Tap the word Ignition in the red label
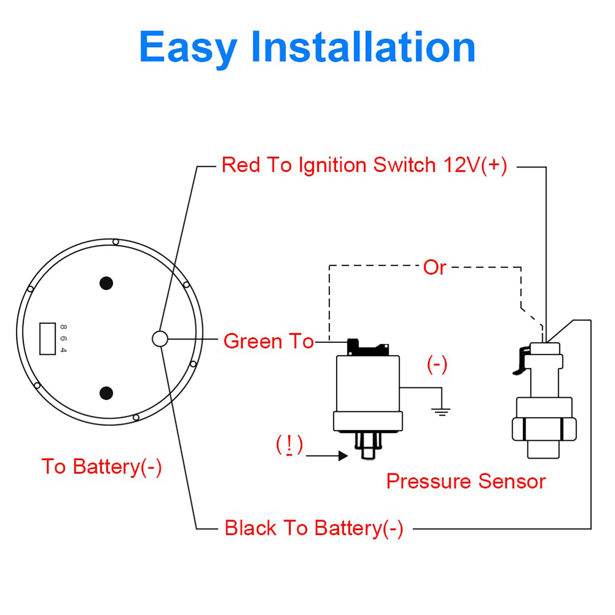pos(332,165)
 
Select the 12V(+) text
pos(475,165)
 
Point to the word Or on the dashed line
pos(435,267)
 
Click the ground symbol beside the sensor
pos(441,411)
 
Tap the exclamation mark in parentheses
pos(289,445)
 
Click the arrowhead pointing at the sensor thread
pos(343,456)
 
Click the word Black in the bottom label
pos(250,528)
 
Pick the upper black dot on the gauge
pos(106,283)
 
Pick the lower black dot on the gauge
pos(106,393)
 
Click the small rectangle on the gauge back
pos(48,339)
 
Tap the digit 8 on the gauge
pos(63,327)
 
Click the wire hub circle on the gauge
pos(160,339)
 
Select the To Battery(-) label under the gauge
pos(102,467)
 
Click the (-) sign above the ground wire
pos(437,364)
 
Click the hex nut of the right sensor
pos(544,429)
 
